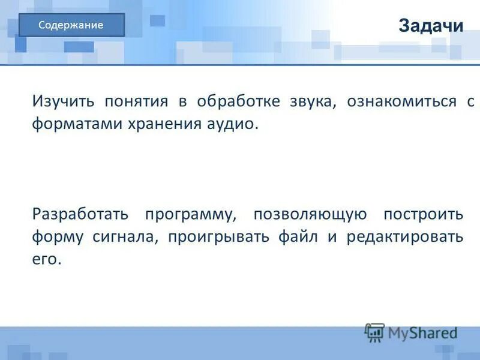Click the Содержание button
pos(71,25)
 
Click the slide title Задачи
pos(431,26)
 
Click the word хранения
pos(164,125)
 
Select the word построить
pos(424,215)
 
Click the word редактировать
pos(405,237)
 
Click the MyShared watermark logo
pos(411,332)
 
